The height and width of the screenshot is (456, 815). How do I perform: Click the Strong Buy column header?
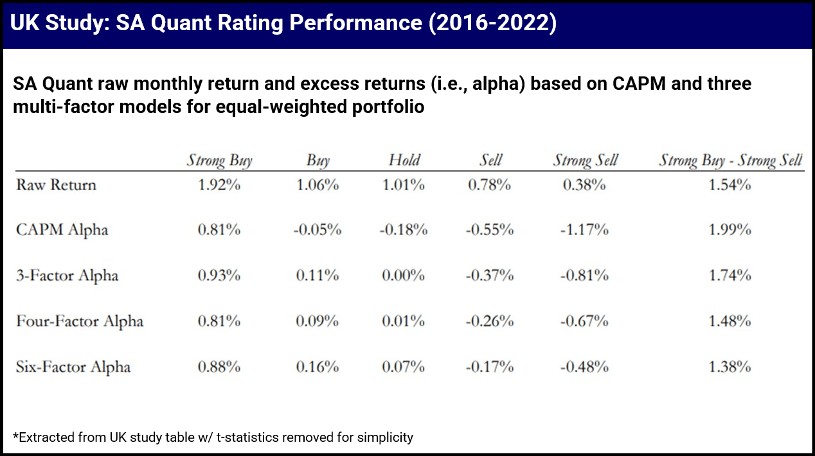(x=219, y=160)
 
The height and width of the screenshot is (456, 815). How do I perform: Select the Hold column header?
(x=404, y=160)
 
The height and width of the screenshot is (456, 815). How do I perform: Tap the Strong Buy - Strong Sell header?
(x=730, y=160)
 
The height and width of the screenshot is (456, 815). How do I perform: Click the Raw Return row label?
(x=56, y=185)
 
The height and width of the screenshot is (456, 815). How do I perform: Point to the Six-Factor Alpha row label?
(x=73, y=367)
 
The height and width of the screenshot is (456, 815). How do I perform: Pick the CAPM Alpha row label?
(x=62, y=230)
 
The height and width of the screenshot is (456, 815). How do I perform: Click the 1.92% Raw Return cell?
(x=219, y=185)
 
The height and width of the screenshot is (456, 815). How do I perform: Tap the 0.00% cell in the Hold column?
(x=404, y=276)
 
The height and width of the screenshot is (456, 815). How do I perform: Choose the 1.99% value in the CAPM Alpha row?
(x=730, y=230)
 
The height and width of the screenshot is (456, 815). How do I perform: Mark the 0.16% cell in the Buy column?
(x=318, y=367)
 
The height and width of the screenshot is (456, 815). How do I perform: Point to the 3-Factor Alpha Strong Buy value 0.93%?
(x=219, y=276)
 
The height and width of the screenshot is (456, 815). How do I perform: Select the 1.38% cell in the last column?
(x=730, y=367)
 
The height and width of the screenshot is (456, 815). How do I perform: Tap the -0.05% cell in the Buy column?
(x=318, y=230)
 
